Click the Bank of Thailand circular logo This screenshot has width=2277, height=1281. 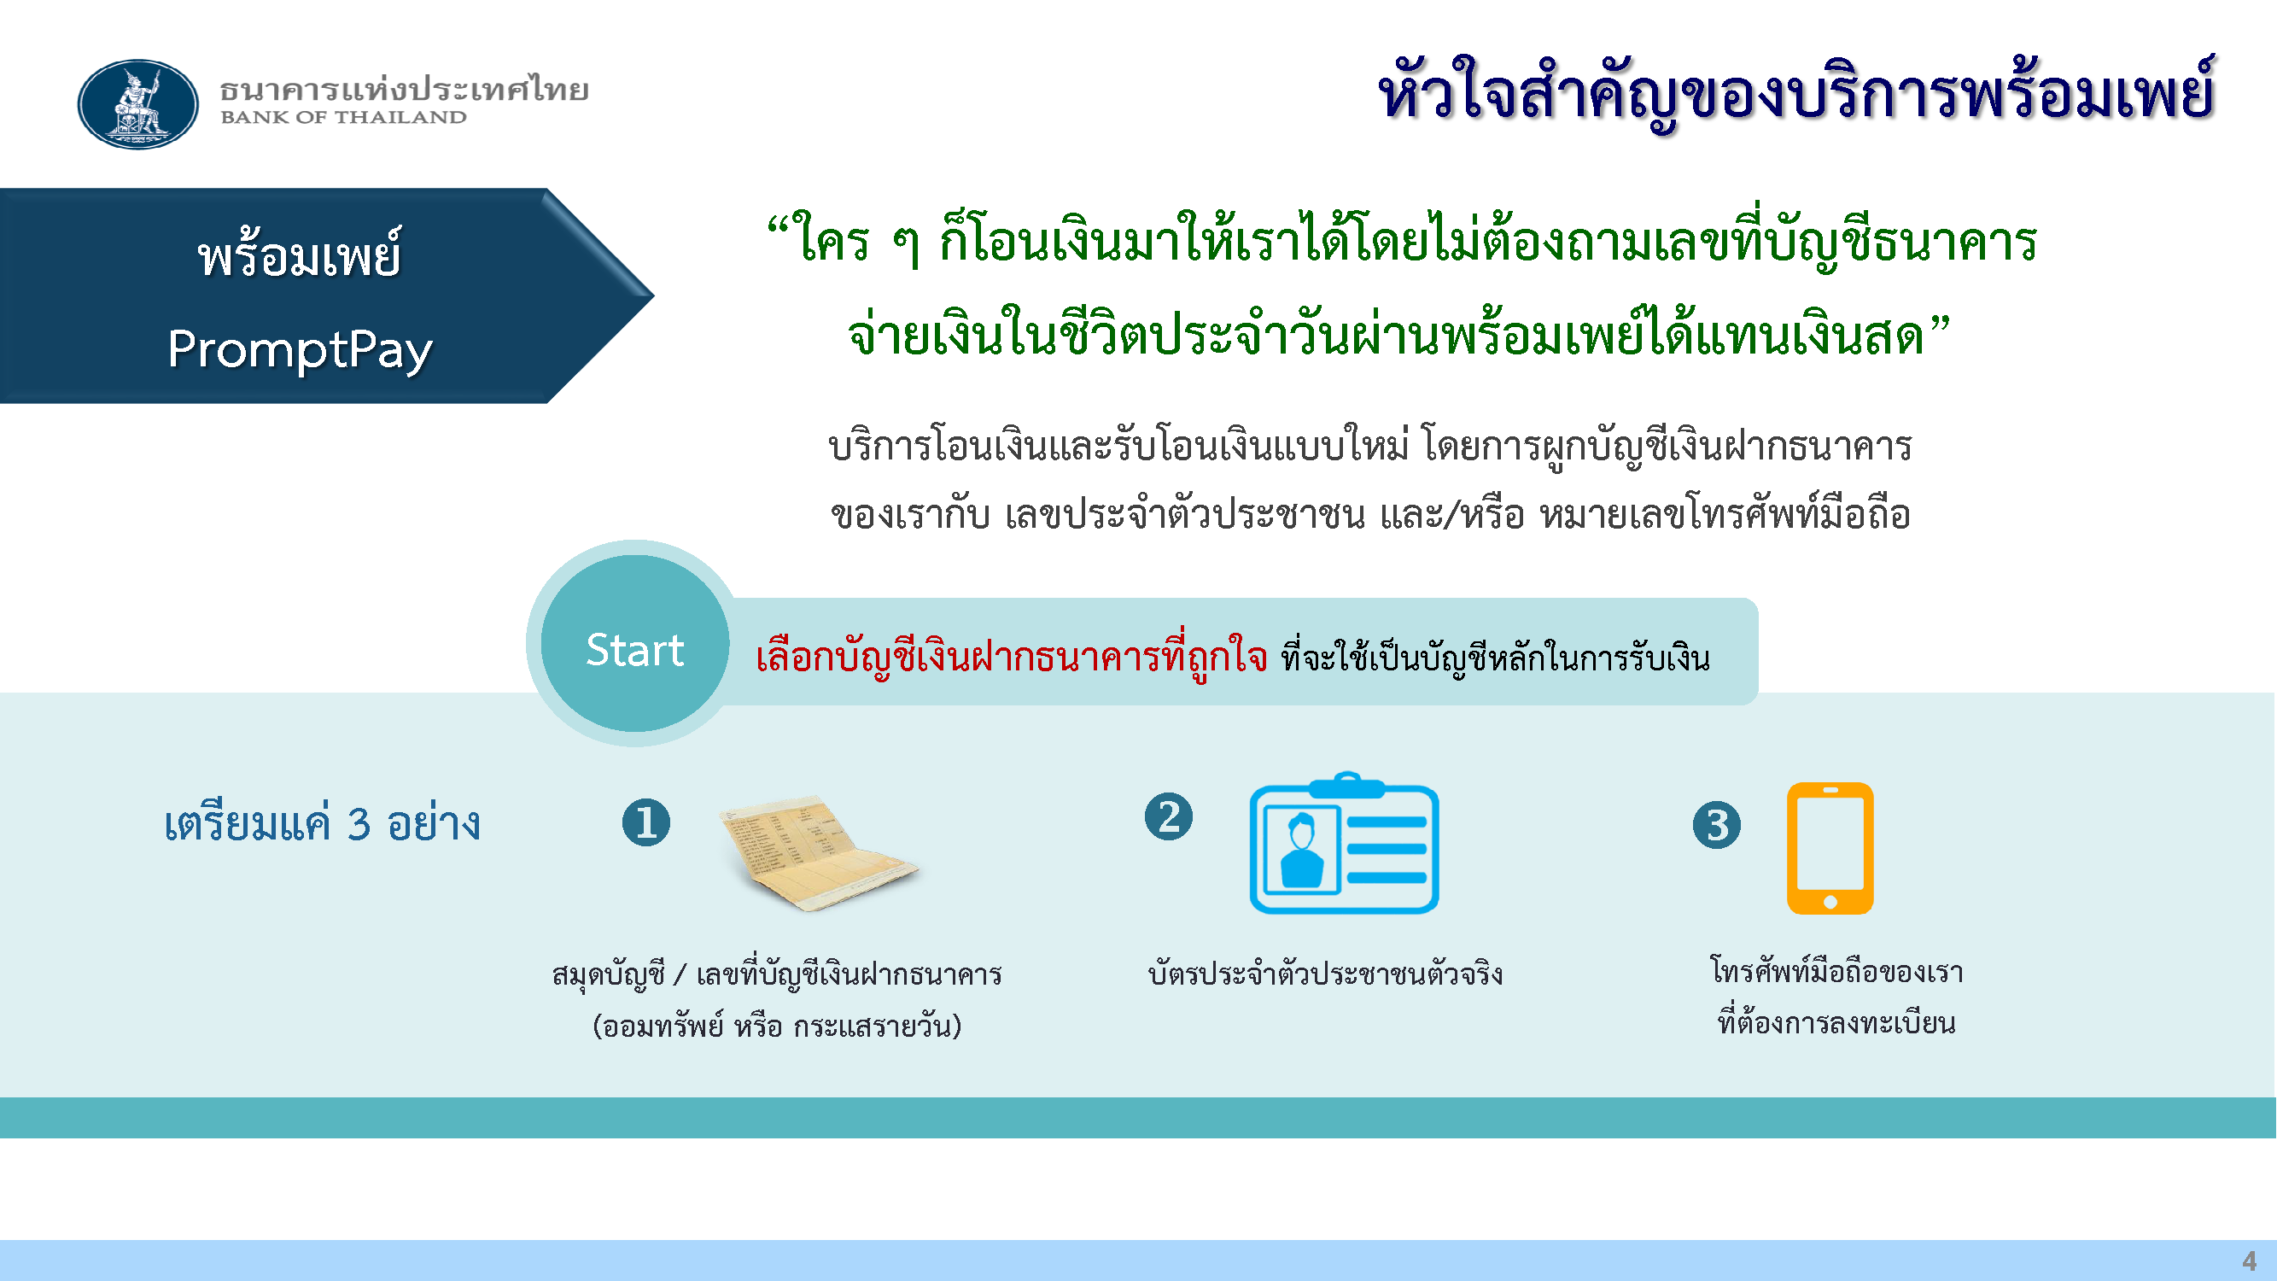pyautogui.click(x=138, y=104)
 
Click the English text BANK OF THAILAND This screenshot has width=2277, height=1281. pyautogui.click(x=343, y=118)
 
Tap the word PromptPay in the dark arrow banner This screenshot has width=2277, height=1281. pyautogui.click(x=300, y=350)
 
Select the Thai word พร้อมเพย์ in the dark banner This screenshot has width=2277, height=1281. pyautogui.click(x=300, y=254)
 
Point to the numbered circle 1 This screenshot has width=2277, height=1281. pyautogui.click(x=646, y=823)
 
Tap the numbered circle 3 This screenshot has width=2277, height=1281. pyautogui.click(x=1717, y=826)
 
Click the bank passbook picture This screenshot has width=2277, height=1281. pyautogui.click(x=819, y=852)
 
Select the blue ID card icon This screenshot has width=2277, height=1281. pyautogui.click(x=1345, y=844)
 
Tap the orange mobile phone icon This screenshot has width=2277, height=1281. pyautogui.click(x=1830, y=849)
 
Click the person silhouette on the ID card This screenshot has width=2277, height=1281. pyautogui.click(x=1301, y=851)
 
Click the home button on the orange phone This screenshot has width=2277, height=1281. pyautogui.click(x=1830, y=902)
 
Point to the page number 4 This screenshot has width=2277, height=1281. pyautogui.click(x=2250, y=1261)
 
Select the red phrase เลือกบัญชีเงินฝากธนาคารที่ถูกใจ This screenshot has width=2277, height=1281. pyautogui.click(x=1011, y=658)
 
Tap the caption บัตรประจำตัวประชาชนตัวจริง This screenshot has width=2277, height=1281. pyautogui.click(x=1325, y=974)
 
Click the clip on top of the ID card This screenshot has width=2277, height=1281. pyautogui.click(x=1346, y=784)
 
